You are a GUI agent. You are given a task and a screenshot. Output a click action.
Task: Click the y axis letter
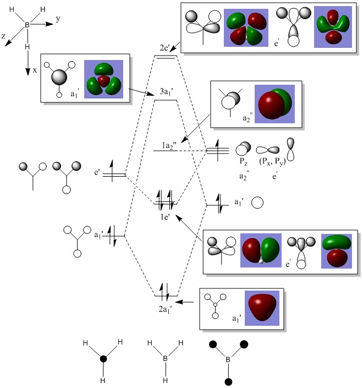point(58,19)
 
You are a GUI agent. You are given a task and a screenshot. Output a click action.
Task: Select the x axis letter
point(35,70)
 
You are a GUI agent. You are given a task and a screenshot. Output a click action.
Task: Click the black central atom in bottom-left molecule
point(102,359)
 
